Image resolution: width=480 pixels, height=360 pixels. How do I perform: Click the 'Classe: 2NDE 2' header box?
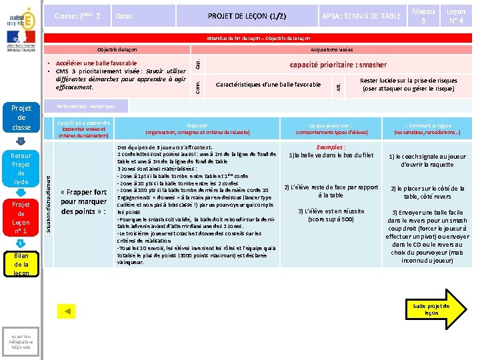coord(77,16)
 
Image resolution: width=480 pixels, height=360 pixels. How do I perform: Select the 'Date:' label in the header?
coord(124,16)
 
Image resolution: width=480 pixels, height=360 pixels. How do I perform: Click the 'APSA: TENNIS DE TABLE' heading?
coord(361,16)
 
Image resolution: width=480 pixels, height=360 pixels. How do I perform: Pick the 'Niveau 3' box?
coord(423,15)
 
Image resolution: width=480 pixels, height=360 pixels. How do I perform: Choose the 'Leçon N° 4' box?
coord(456,15)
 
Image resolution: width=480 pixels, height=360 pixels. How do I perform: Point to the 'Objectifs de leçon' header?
coord(117,50)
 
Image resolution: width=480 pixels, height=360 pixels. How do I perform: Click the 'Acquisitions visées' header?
coord(331,50)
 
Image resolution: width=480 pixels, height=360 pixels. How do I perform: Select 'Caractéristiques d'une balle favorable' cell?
coord(269,85)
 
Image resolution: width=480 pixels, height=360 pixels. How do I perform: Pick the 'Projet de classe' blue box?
coord(21,118)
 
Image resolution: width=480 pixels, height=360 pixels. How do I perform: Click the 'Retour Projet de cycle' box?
coord(21,169)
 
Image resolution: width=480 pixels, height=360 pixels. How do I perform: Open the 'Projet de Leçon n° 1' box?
coord(21,217)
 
